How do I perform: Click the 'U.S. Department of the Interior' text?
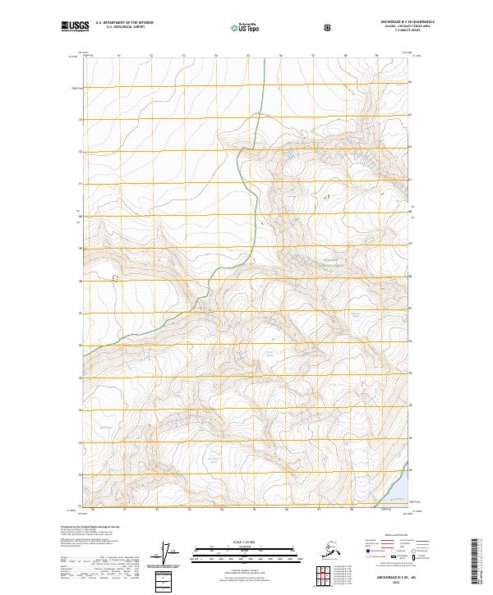[124, 23]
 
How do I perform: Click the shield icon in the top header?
[329, 27]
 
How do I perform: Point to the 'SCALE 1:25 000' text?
[246, 542]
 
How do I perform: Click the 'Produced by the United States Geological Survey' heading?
[90, 526]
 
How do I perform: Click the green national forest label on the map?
[329, 263]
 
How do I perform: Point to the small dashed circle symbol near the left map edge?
[114, 278]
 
